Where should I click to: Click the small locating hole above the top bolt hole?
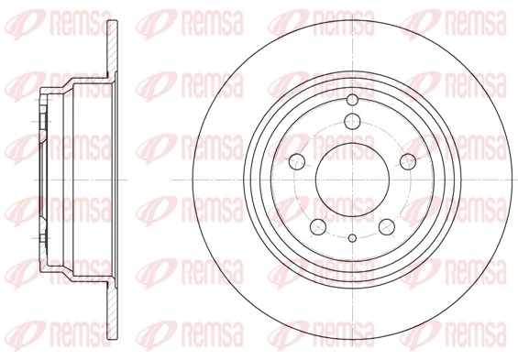351,100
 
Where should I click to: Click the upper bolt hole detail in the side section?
45,119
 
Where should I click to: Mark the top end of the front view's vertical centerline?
351,11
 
